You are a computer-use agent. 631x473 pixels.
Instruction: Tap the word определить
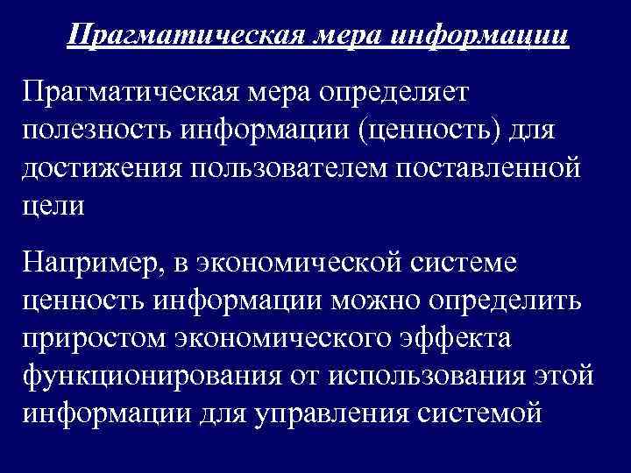tap(518, 300)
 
